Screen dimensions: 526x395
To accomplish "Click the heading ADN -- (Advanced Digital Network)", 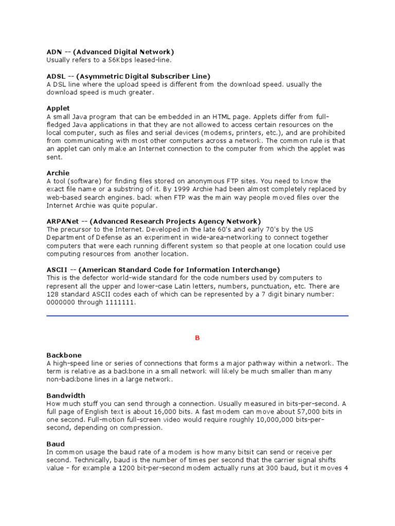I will (110, 52).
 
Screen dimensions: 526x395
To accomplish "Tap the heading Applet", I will (58, 108).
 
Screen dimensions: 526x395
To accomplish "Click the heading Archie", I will (58, 173).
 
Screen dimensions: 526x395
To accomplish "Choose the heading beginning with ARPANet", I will (154, 221).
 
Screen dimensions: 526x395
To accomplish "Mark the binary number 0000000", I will (61, 302).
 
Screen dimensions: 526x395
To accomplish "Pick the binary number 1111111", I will (121, 302).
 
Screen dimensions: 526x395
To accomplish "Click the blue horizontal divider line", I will (197, 316).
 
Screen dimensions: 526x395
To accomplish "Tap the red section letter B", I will (196, 338).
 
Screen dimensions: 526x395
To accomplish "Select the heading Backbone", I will (64, 355).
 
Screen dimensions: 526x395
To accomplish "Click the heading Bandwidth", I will (66, 396).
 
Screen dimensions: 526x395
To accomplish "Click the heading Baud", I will (56, 444).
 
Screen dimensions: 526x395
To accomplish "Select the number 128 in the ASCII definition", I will (53, 294).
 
